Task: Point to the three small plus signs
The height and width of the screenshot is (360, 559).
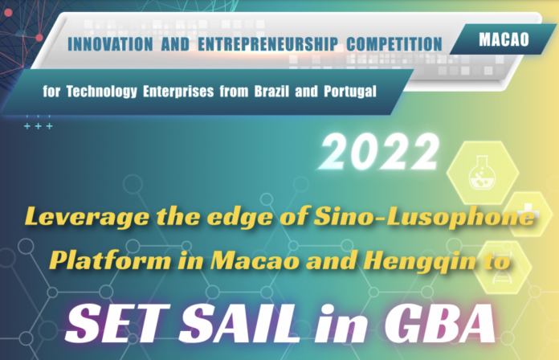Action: [38, 127]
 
